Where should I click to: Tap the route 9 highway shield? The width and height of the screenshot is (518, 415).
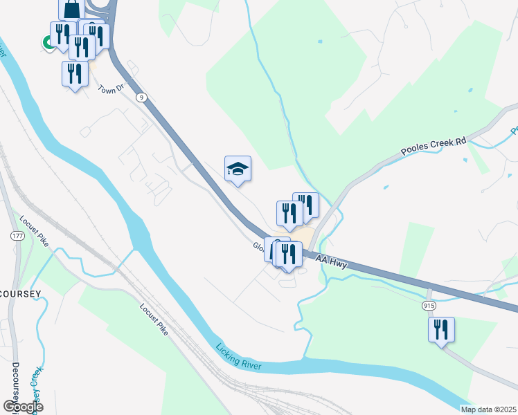141,98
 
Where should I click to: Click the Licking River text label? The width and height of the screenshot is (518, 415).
238,357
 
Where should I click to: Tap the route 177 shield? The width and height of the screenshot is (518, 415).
17,236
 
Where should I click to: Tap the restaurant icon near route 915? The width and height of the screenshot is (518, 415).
441,330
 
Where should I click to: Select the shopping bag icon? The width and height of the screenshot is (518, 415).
71,10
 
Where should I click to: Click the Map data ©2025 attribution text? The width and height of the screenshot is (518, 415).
489,409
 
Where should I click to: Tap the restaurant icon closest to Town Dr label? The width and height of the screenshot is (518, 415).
75,74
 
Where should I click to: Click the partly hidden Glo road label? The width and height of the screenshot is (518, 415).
258,246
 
